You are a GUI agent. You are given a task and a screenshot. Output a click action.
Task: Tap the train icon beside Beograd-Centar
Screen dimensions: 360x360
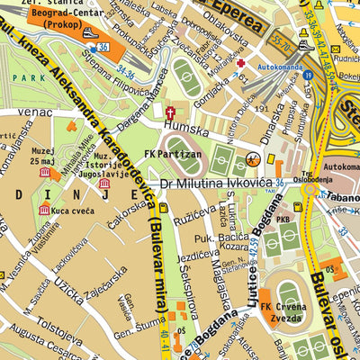click(x=91, y=33)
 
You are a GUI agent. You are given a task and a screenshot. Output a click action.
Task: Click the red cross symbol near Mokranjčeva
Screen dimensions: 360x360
click(x=239, y=63)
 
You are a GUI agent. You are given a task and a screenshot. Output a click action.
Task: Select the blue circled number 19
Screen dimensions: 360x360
click(x=308, y=76)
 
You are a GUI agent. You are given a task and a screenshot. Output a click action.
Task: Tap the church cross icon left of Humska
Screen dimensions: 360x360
click(x=168, y=114)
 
